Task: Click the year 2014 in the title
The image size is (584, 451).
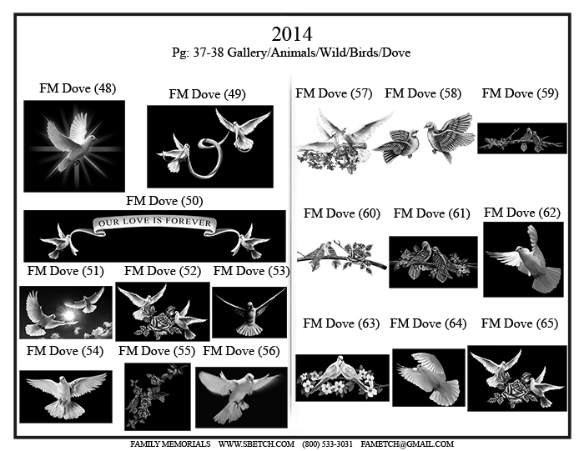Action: tap(292, 34)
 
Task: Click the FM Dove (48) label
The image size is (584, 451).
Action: tap(78, 88)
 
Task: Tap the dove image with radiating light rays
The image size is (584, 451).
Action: tap(74, 146)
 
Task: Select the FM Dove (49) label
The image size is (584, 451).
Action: tap(207, 94)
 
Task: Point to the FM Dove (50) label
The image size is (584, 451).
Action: tap(164, 201)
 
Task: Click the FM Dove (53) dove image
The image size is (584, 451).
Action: tap(249, 313)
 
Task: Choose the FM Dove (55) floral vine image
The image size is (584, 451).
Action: tap(158, 397)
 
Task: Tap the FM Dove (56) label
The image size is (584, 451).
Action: tap(241, 351)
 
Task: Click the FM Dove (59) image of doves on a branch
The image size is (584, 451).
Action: tap(522, 138)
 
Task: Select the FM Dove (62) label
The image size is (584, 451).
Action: tap(522, 213)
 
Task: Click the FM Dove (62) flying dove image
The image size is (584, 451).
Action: tap(523, 260)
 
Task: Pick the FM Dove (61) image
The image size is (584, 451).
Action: tap(433, 262)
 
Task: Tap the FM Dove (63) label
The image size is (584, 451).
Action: tap(341, 323)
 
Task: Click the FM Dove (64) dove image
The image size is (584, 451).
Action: tap(429, 378)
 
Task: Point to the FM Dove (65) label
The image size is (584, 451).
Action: tap(520, 323)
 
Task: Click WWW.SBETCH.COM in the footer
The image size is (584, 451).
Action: tap(256, 444)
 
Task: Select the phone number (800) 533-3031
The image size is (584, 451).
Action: tap(327, 444)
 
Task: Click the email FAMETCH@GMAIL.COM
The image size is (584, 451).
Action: tap(407, 444)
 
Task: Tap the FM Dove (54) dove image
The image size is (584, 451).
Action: tap(66, 397)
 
